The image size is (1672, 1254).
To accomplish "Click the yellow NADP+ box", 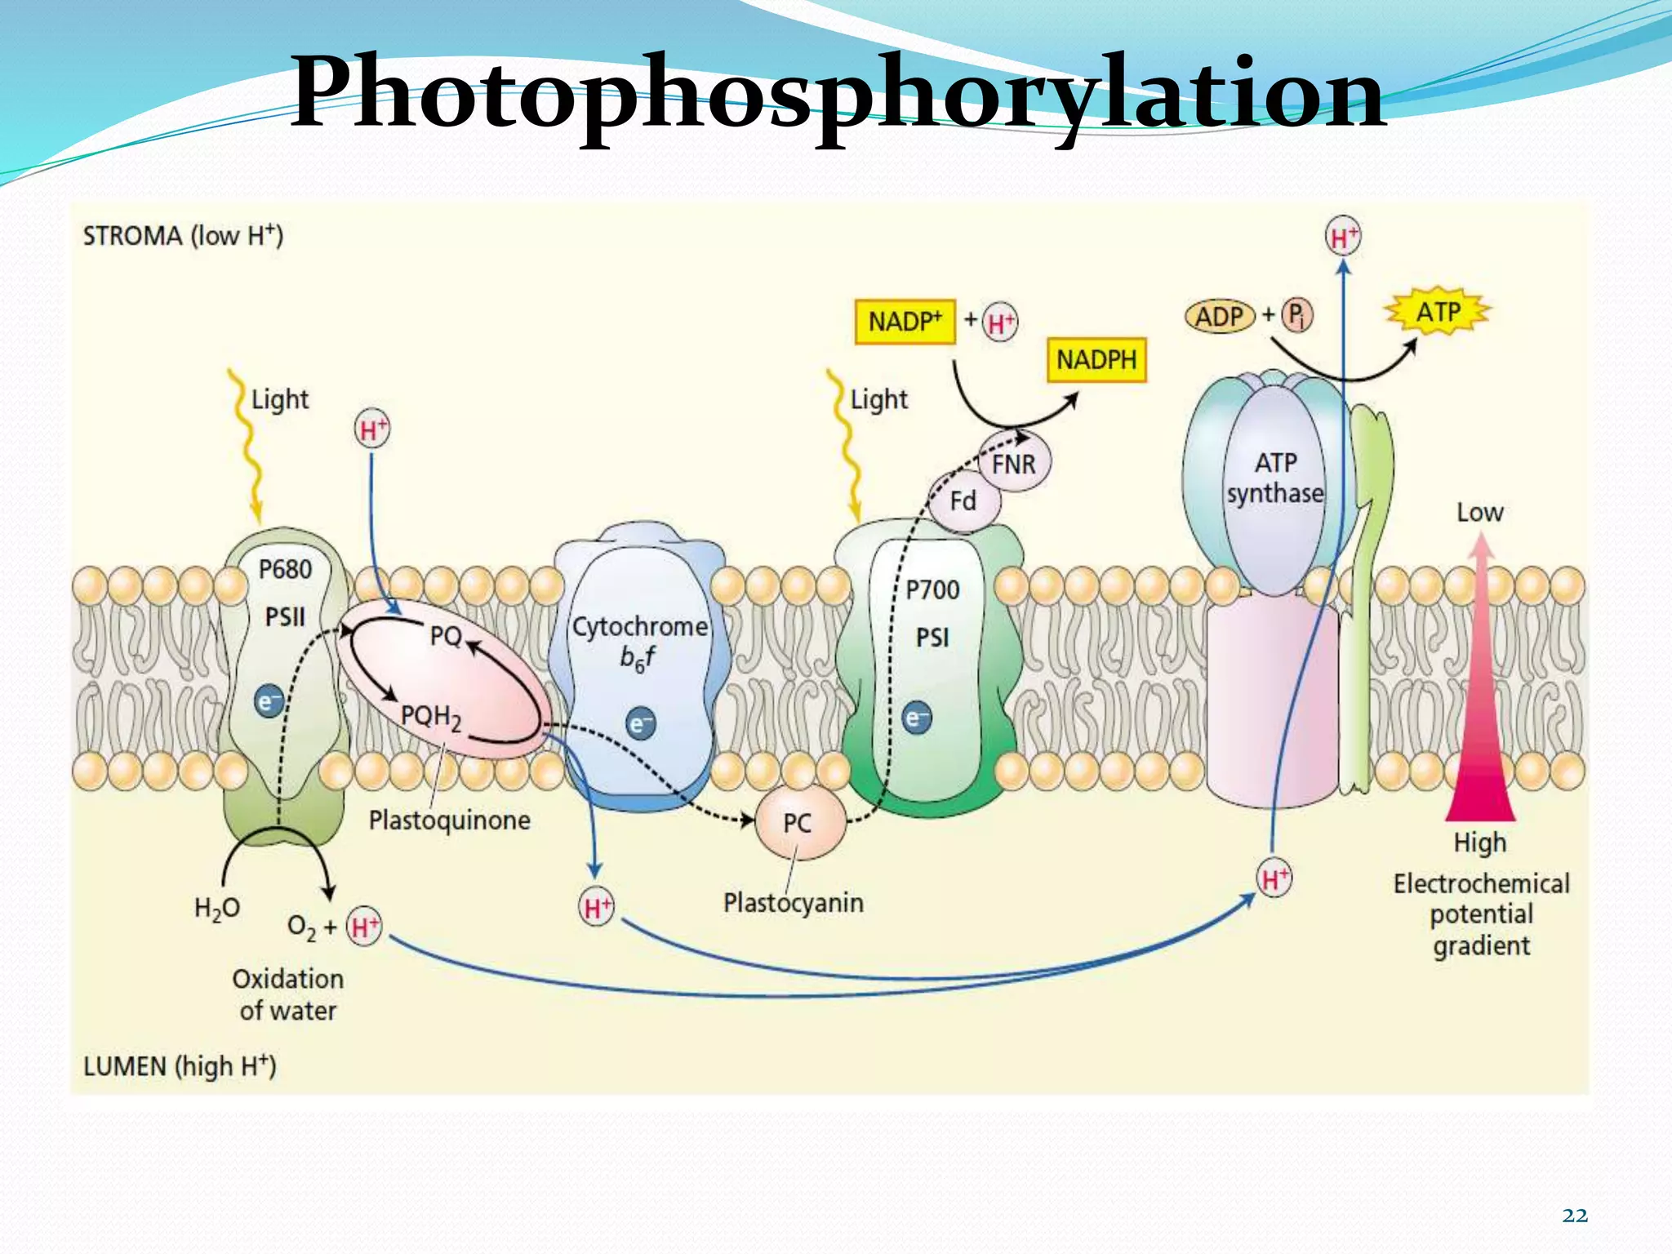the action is click(905, 322).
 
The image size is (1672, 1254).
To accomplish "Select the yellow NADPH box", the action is click(1096, 360).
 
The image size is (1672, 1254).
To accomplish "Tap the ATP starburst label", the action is click(1439, 313).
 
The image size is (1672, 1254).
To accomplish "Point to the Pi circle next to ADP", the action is click(1297, 315).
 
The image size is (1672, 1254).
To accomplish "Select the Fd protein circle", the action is click(963, 500).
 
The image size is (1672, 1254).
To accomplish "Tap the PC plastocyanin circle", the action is click(798, 823).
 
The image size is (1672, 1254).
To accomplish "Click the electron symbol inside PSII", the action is click(269, 701).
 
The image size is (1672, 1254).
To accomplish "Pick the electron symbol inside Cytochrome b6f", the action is click(640, 724).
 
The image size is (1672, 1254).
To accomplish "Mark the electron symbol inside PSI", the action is click(917, 718).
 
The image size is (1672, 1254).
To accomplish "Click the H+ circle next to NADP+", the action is click(1000, 322).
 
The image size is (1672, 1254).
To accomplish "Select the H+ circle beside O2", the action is click(364, 927).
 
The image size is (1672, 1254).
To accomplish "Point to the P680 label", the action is click(285, 569).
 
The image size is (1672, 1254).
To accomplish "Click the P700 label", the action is click(932, 589).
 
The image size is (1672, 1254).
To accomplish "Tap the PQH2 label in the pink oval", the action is click(431, 718).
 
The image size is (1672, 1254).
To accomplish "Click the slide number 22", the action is click(1575, 1216).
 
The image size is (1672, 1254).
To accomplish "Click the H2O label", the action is click(217, 909).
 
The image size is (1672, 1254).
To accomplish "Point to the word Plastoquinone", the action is click(449, 820).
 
